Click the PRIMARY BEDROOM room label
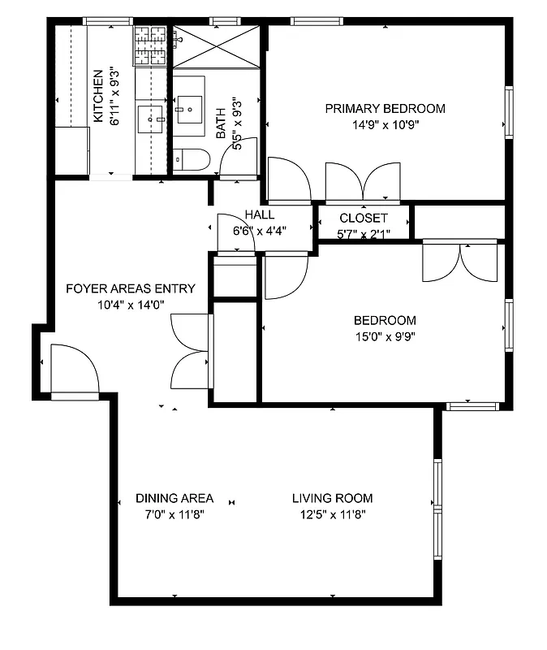click(385, 109)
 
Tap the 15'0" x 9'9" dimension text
click(385, 336)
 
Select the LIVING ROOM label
click(333, 498)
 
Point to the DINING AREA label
click(174, 498)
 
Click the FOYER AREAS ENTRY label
click(131, 288)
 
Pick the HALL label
click(260, 215)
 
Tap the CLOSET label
click(363, 219)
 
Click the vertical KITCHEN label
click(98, 96)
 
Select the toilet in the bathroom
click(192, 159)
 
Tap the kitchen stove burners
click(150, 46)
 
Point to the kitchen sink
click(151, 119)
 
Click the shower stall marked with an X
click(215, 47)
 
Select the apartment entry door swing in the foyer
click(74, 370)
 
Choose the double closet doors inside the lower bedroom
click(460, 262)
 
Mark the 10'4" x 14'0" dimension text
click(131, 305)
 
